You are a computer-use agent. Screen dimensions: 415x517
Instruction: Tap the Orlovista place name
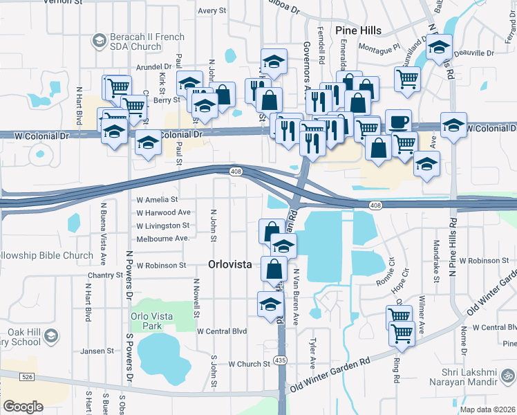[233, 264]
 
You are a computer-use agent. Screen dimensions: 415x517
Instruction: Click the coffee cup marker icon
[398, 121]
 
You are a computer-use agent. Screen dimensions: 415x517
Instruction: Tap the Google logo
[23, 407]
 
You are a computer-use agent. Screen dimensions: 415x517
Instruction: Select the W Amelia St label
[157, 200]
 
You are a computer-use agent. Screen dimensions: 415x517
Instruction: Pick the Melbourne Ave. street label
[162, 238]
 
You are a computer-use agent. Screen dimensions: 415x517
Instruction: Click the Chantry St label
[105, 275]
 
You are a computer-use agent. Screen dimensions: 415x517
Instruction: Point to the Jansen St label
[96, 351]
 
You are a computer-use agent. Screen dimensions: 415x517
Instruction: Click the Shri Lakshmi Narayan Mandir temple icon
[509, 376]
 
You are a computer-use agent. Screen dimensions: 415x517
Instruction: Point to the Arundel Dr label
[153, 67]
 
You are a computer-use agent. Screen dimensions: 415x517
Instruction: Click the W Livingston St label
[162, 225]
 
